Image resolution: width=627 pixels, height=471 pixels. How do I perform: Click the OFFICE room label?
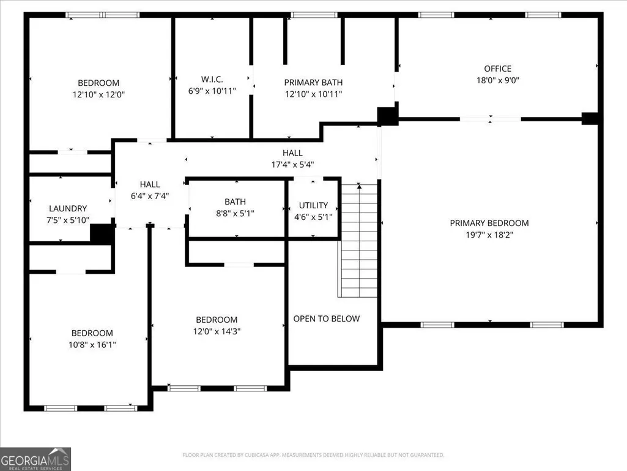tap(497, 69)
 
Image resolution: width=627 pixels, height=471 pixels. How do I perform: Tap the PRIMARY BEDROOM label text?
tap(489, 223)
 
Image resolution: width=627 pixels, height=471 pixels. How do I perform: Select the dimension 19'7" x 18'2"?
tap(489, 235)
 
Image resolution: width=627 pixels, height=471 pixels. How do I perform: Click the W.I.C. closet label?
tap(212, 79)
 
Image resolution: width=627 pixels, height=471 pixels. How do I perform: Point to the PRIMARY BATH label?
tap(313, 83)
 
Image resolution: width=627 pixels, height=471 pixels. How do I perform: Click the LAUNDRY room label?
tap(67, 208)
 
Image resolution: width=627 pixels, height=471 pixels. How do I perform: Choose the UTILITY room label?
tap(313, 205)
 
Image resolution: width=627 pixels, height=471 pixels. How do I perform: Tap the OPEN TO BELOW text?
tap(326, 319)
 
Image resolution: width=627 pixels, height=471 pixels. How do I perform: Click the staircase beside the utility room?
tap(358, 240)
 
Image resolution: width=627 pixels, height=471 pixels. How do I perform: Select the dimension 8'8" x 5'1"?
tap(235, 214)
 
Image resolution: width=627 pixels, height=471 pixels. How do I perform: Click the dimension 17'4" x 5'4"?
tap(292, 165)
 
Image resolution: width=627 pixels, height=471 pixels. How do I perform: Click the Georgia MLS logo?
tap(35, 459)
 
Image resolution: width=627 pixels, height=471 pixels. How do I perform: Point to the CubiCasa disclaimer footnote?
tap(313, 455)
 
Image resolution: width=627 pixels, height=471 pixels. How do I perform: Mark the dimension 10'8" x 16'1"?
tap(92, 344)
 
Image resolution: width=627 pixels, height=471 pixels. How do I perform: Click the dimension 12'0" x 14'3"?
tap(217, 331)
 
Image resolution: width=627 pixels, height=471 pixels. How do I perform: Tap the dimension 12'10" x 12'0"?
tap(98, 94)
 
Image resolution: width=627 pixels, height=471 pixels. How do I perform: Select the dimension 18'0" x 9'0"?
tap(497, 80)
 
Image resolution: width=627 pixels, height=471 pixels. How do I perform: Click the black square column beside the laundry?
tap(102, 233)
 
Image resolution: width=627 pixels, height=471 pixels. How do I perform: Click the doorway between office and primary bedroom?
tap(490, 119)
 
